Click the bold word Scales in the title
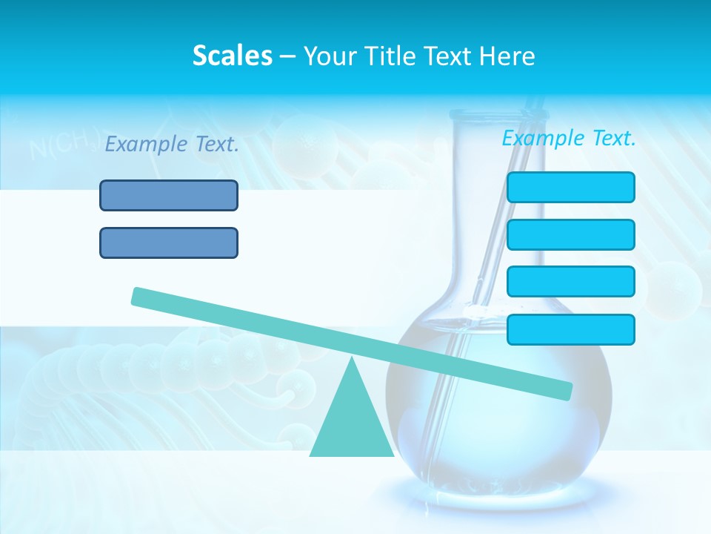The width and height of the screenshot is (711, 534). (x=232, y=56)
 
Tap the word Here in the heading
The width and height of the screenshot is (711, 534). (x=508, y=56)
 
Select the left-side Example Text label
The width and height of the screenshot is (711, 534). (x=172, y=145)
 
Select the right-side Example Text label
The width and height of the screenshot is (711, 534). (x=569, y=138)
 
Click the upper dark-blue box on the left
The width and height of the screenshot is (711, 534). (x=169, y=195)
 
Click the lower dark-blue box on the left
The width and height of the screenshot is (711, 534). (x=169, y=243)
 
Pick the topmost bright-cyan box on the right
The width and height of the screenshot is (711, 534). (x=570, y=187)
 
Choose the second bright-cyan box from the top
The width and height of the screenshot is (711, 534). (x=570, y=234)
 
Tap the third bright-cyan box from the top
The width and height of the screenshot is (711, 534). (x=570, y=281)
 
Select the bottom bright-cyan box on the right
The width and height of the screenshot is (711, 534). (x=570, y=329)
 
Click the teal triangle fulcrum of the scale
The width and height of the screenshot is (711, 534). (x=352, y=423)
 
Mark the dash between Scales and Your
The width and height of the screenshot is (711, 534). (x=287, y=56)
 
